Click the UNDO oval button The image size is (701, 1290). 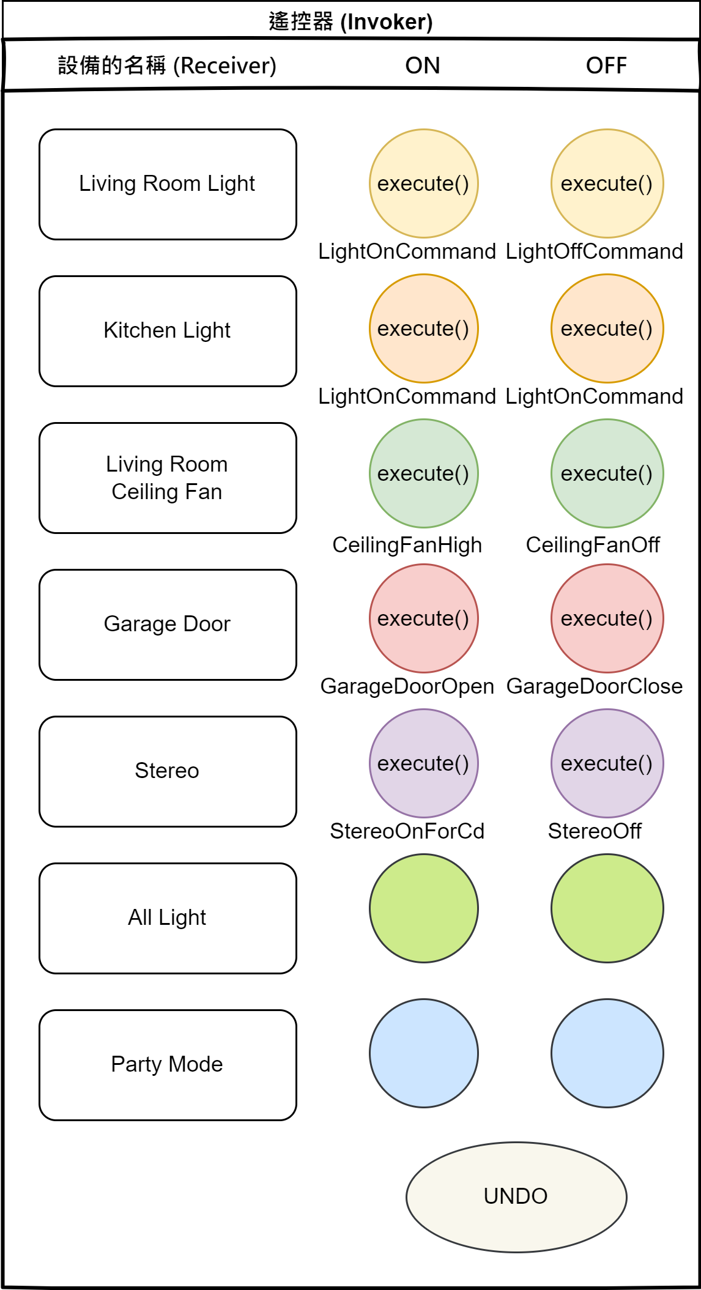pos(516,1196)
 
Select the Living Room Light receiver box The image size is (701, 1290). pos(168,184)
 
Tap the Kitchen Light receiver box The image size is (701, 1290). pos(168,331)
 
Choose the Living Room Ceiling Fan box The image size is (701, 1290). pos(168,478)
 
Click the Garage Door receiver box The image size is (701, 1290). pos(168,625)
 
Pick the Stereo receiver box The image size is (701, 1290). pos(168,771)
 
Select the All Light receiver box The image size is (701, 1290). pos(168,918)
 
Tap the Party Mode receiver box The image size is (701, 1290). pos(168,1065)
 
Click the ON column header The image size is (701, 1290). pos(423,65)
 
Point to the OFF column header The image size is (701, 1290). pos(606,65)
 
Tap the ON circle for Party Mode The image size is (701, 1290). pos(423,1053)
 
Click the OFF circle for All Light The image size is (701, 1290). pos(607,908)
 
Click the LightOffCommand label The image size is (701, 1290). pos(594,251)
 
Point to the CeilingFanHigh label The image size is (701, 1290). pos(407,545)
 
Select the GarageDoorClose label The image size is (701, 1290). pos(594,686)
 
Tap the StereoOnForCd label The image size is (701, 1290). pos(407,831)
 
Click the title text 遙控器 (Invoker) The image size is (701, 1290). pos(350,22)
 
